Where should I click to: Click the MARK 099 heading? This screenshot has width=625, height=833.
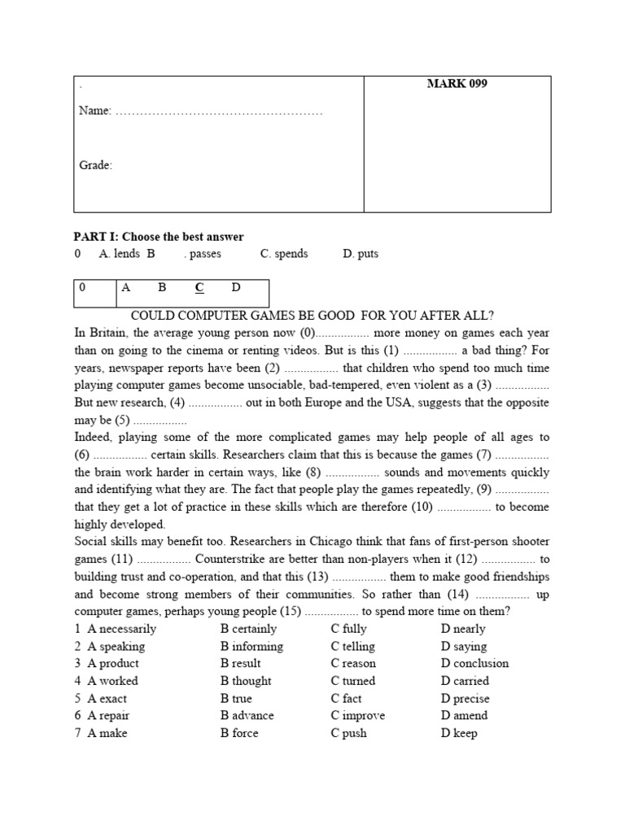pyautogui.click(x=457, y=84)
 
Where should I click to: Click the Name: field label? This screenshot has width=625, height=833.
pyautogui.click(x=94, y=111)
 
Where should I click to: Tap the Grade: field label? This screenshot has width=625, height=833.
pyautogui.click(x=95, y=165)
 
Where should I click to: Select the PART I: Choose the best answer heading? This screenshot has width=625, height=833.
pyautogui.click(x=159, y=237)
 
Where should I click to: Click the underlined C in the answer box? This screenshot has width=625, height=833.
pyautogui.click(x=199, y=287)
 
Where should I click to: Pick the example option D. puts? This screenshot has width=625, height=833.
pyautogui.click(x=361, y=254)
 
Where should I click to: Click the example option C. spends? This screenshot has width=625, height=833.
pyautogui.click(x=284, y=254)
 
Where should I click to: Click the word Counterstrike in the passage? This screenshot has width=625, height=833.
pyautogui.click(x=229, y=559)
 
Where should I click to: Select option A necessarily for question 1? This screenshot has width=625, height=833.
pyautogui.click(x=121, y=629)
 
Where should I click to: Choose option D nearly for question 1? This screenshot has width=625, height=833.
pyautogui.click(x=463, y=629)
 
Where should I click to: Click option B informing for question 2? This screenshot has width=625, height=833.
pyautogui.click(x=251, y=647)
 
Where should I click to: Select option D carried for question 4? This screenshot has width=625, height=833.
pyautogui.click(x=465, y=681)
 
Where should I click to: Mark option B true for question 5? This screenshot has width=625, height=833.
pyautogui.click(x=236, y=699)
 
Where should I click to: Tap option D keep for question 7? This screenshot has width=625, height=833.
pyautogui.click(x=459, y=733)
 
